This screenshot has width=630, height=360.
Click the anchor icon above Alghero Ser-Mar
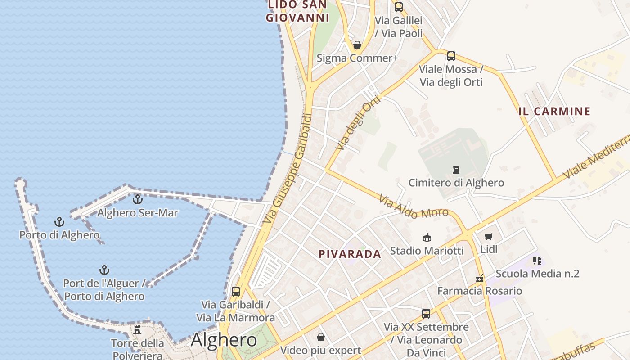(138, 199)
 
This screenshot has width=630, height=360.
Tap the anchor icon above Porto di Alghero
(59, 221)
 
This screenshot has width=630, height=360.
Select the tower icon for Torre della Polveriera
(138, 330)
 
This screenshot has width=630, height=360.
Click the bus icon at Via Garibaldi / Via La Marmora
(235, 292)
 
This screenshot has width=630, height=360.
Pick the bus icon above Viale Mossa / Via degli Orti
(451, 56)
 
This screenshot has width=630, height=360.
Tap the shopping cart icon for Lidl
(489, 236)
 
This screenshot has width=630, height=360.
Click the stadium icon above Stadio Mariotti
(427, 237)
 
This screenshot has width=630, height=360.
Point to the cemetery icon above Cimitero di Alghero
(456, 170)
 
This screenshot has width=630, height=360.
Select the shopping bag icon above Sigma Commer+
(357, 45)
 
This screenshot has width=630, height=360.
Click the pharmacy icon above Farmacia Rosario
(480, 278)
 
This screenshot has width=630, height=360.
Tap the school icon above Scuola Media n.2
(537, 260)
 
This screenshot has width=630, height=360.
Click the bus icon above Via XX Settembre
(426, 314)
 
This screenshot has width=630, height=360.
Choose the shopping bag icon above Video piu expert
(321, 337)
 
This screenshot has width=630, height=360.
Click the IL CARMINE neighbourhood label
(554, 112)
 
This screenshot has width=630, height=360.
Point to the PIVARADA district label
(350, 254)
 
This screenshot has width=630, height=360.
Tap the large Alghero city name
(224, 340)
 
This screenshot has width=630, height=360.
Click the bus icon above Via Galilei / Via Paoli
(399, 7)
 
